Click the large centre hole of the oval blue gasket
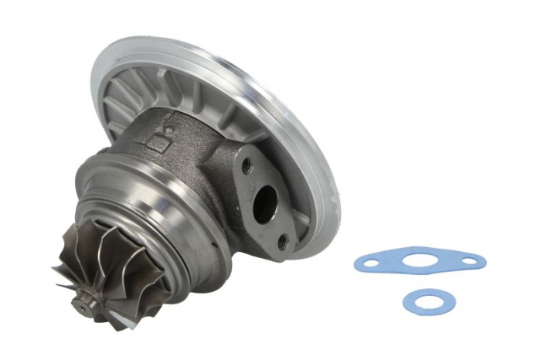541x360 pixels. (x=420, y=261)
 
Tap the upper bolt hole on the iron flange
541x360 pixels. (x=247, y=164)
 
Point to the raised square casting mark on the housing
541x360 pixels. (x=158, y=141)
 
